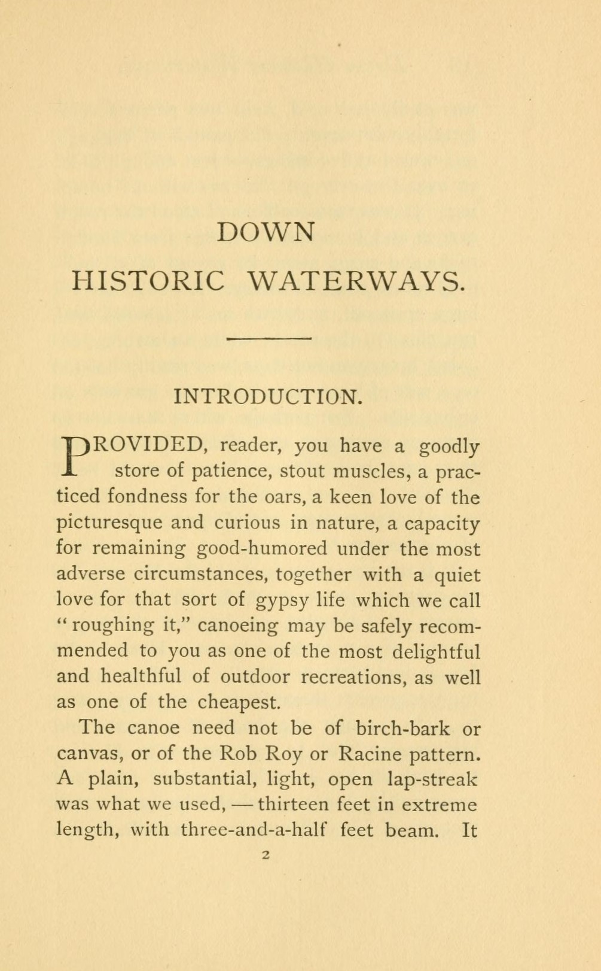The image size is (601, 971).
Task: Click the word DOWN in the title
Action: pyautogui.click(x=265, y=232)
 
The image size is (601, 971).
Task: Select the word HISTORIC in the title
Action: pyautogui.click(x=148, y=281)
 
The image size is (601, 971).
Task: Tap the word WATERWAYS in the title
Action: pyautogui.click(x=355, y=281)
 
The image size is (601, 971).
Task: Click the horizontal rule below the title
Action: pyautogui.click(x=270, y=339)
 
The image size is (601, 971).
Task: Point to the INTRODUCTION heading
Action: pyautogui.click(x=267, y=396)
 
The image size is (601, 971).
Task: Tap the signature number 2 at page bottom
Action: pyautogui.click(x=266, y=855)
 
